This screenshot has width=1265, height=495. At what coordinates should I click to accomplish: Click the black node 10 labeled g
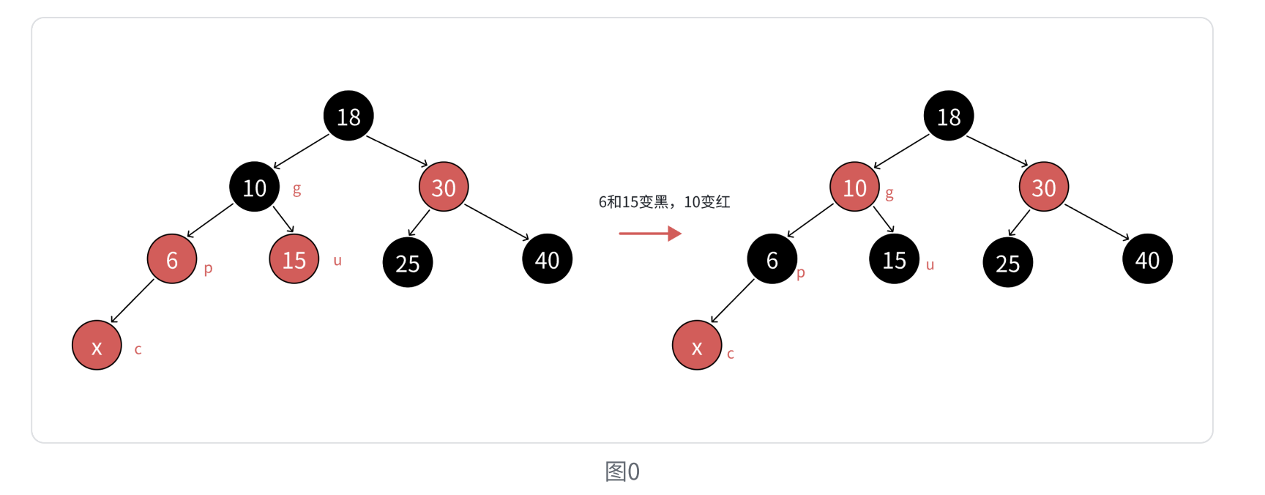pos(254,187)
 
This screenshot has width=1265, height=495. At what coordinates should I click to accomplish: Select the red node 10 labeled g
pos(854,187)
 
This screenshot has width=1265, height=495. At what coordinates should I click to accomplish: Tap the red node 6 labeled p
pos(172,259)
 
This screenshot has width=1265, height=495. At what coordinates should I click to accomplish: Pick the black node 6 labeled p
pos(772,259)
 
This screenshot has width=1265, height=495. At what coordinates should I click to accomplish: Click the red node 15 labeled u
pos(294,259)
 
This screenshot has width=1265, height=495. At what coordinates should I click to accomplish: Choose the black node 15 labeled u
pos(894,259)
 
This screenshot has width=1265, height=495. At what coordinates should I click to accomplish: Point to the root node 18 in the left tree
pos(348,116)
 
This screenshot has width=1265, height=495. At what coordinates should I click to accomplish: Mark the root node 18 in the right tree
pos(949,116)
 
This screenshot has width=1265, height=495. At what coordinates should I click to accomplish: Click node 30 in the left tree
pos(444,187)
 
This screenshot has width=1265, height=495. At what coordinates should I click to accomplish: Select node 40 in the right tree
pos(1147,259)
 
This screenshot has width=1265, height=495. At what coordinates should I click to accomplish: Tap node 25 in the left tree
pos(408,262)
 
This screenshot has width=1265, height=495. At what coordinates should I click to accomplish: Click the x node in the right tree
pos(697,346)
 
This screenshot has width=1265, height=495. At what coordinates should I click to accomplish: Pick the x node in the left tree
pos(97,346)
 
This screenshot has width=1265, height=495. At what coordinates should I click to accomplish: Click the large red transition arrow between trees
pos(650,234)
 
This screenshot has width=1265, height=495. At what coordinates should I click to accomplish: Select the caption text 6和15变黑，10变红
pos(664,202)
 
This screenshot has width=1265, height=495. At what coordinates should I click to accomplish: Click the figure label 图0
pos(622,472)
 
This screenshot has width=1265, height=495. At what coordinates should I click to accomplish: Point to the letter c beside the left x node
pos(138,350)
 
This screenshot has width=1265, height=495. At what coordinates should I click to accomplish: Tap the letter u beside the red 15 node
pos(337,261)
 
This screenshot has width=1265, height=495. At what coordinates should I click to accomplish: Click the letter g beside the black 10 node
pos(296,190)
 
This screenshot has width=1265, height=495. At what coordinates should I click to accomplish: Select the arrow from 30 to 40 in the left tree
pos(496,222)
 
